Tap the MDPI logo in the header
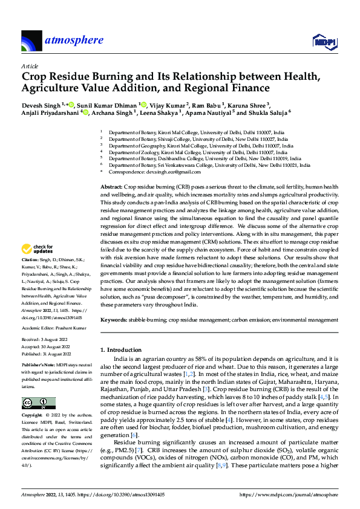[324, 41]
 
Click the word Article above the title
[29, 66]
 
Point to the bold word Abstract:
[111, 188]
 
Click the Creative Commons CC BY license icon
[38, 403]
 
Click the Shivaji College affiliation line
[200, 138]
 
